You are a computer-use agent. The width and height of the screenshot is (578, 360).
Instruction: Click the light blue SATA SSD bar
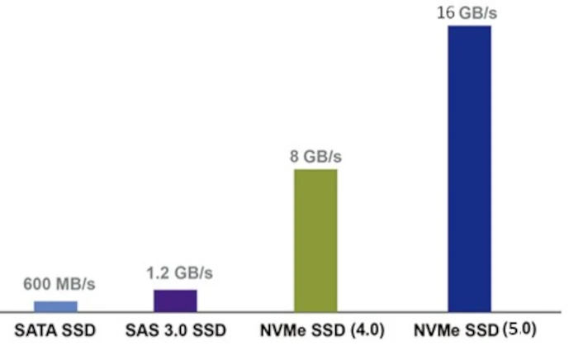[55, 306]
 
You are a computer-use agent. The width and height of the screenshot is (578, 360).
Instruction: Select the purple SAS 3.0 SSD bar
[175, 301]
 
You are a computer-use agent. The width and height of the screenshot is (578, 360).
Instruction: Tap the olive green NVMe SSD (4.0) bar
[315, 240]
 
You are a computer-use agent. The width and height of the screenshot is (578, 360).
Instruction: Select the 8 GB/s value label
[315, 155]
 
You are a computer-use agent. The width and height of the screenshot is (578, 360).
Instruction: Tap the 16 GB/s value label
[469, 12]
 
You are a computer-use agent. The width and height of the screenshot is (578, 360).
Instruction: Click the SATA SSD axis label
[55, 331]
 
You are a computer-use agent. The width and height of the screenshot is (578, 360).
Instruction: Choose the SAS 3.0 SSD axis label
[175, 331]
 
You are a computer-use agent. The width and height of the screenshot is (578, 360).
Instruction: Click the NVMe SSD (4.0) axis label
[316, 331]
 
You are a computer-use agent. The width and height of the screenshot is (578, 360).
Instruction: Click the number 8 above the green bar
[294, 155]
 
